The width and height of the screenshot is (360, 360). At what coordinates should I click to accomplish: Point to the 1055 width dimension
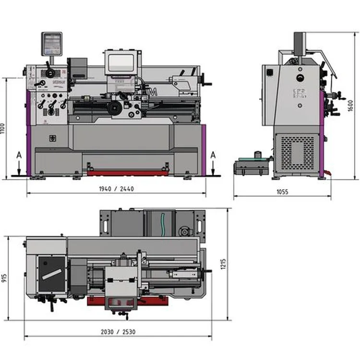tap(282, 192)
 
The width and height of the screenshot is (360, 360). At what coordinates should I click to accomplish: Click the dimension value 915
tap(5, 278)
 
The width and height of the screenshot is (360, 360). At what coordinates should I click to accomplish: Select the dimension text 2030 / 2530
tap(118, 332)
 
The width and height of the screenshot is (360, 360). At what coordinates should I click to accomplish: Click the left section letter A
tap(19, 155)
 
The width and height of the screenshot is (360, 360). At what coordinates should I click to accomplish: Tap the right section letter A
tap(213, 155)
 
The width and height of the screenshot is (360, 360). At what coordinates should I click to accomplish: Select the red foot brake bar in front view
tap(127, 172)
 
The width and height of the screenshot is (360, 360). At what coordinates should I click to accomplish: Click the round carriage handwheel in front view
tap(115, 108)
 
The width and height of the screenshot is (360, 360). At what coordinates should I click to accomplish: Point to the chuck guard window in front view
tap(121, 63)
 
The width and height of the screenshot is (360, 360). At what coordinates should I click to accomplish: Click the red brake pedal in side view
tap(327, 172)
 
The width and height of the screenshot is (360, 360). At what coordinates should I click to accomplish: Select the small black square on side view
tap(269, 73)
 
